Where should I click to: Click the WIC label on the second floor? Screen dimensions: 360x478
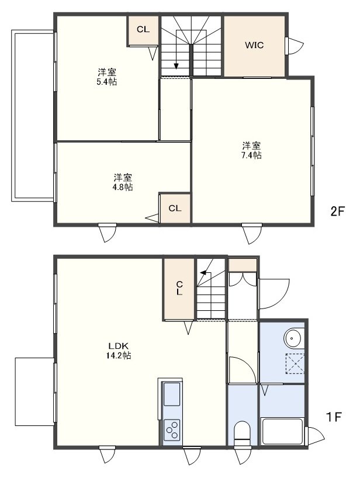[x=254, y=46]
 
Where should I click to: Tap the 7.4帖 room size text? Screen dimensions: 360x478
[x=251, y=155]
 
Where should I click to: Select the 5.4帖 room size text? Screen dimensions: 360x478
[x=107, y=82]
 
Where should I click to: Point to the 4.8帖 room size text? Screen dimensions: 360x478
[x=123, y=186]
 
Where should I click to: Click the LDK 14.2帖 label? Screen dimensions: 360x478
[x=119, y=351]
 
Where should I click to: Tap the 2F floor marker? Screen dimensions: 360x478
[x=337, y=212]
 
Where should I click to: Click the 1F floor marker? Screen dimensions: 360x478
[x=334, y=417]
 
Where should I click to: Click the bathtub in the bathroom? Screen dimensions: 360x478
[x=282, y=432]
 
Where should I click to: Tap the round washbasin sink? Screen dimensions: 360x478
[x=293, y=338]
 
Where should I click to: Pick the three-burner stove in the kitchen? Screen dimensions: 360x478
[x=172, y=430]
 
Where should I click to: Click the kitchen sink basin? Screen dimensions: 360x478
[x=172, y=394]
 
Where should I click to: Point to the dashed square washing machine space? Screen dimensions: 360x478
[x=295, y=363]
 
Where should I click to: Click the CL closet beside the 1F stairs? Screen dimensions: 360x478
[x=179, y=289]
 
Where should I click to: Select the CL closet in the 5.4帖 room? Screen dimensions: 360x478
[x=143, y=30]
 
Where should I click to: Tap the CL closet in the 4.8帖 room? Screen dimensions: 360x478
[x=175, y=209]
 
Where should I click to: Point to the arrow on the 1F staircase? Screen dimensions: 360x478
[x=205, y=273]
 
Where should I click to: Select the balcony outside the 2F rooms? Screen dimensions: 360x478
[x=33, y=116]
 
